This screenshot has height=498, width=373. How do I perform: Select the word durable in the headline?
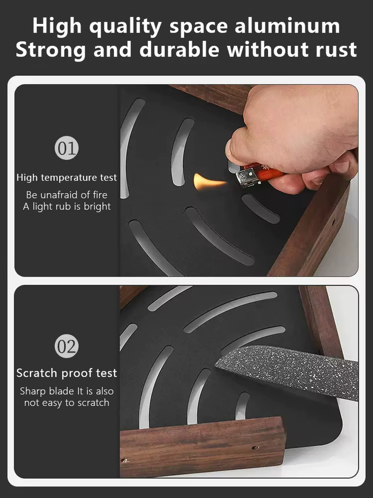click(x=179, y=49)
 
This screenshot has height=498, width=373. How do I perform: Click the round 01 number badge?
click(x=67, y=148)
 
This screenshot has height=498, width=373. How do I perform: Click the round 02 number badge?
click(x=67, y=346)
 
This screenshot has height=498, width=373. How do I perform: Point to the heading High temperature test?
click(x=67, y=177)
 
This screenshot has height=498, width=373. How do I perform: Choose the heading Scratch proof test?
click(x=67, y=373)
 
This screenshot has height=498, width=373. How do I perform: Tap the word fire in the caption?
click(x=100, y=194)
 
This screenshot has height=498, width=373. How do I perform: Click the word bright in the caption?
click(x=97, y=207)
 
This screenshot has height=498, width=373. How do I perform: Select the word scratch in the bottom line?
click(x=93, y=403)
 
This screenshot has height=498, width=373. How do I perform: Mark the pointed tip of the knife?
click(x=216, y=366)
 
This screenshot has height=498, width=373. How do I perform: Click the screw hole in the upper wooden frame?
click(x=334, y=220)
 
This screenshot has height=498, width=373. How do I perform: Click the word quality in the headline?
click(x=125, y=27)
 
